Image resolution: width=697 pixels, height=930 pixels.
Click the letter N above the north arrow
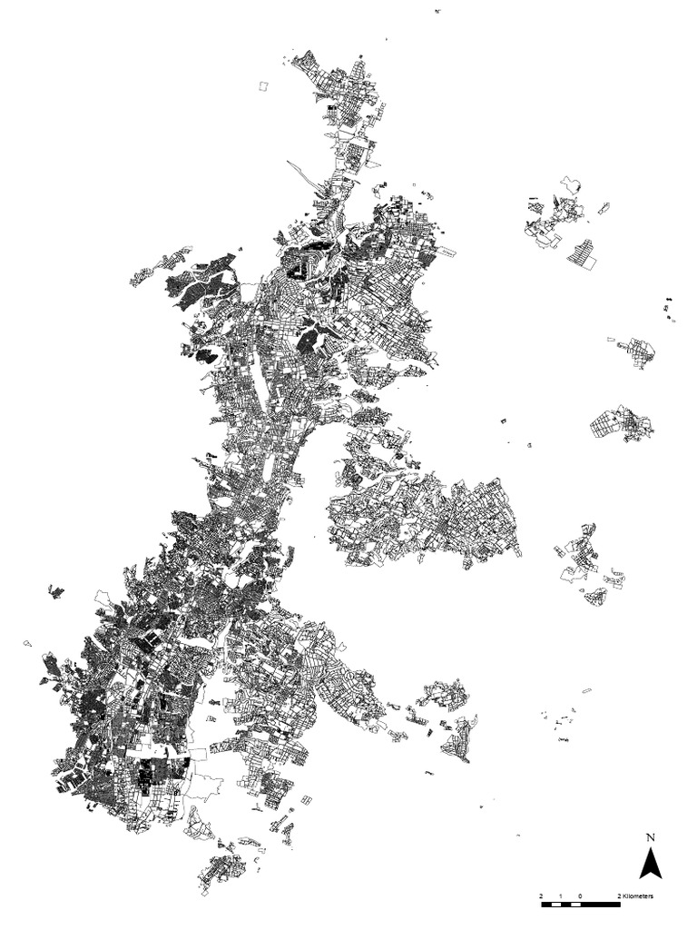point(650,836)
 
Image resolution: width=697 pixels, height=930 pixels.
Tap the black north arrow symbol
point(650,862)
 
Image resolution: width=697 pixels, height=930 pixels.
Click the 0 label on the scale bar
point(580,896)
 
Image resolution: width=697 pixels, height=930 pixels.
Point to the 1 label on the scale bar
point(561,896)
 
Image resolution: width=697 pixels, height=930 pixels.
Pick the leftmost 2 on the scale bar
point(541,896)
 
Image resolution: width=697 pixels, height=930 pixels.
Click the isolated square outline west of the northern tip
point(264,85)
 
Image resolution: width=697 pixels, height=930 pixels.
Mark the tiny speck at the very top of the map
point(438,11)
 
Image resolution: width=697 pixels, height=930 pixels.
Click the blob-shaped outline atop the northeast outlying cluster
point(572,183)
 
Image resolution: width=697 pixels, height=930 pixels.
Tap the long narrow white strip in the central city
point(261,391)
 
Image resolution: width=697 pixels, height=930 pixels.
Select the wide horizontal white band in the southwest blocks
point(163,752)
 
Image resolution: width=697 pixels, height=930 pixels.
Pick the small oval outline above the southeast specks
point(586,691)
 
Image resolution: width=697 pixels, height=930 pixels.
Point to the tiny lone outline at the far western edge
point(27,642)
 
